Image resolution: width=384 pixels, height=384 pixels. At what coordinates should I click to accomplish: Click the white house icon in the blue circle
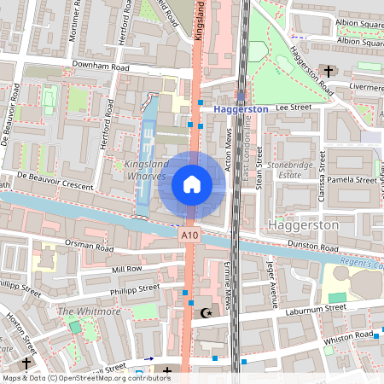tap(192, 183)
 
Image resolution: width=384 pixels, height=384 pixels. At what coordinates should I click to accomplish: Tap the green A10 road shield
tap(189, 233)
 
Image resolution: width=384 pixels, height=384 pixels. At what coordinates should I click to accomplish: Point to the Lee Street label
tap(292, 108)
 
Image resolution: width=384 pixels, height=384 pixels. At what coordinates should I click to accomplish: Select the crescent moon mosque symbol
tap(204, 313)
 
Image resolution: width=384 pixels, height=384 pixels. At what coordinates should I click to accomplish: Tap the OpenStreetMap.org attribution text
tap(109, 377)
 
